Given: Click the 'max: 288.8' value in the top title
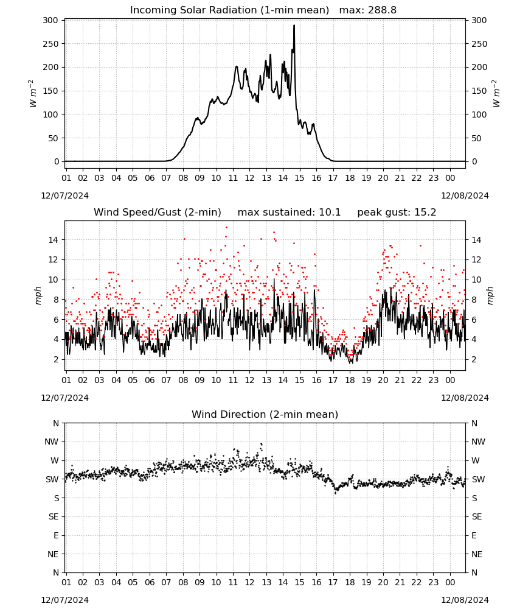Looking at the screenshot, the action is (x=368, y=10).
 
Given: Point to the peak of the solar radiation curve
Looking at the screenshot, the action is (x=294, y=26).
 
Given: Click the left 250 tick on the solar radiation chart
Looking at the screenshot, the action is (x=51, y=44).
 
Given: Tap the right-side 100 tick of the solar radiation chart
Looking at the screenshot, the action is (x=479, y=114).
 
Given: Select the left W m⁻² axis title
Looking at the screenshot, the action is (x=33, y=94).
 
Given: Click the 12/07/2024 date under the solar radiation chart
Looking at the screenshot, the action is (x=64, y=195).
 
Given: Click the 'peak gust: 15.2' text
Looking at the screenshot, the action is (x=397, y=213).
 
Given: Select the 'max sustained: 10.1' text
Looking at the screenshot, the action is (x=289, y=213).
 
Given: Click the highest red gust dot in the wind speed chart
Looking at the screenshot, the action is (x=226, y=227).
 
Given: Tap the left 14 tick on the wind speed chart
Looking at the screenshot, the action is (x=53, y=240).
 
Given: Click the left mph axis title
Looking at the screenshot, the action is (x=38, y=295).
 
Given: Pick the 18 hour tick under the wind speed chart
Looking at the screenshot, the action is (x=350, y=380).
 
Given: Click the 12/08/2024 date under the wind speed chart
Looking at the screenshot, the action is (x=465, y=398).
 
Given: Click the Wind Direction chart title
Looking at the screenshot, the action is (x=265, y=414).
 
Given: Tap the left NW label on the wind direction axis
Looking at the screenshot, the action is (x=52, y=442).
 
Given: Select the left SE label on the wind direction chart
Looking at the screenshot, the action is (x=54, y=517).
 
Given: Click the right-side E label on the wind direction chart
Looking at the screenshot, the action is (x=474, y=535).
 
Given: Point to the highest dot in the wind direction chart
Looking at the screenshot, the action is (x=262, y=443).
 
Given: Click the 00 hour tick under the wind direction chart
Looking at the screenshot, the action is (x=450, y=583).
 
